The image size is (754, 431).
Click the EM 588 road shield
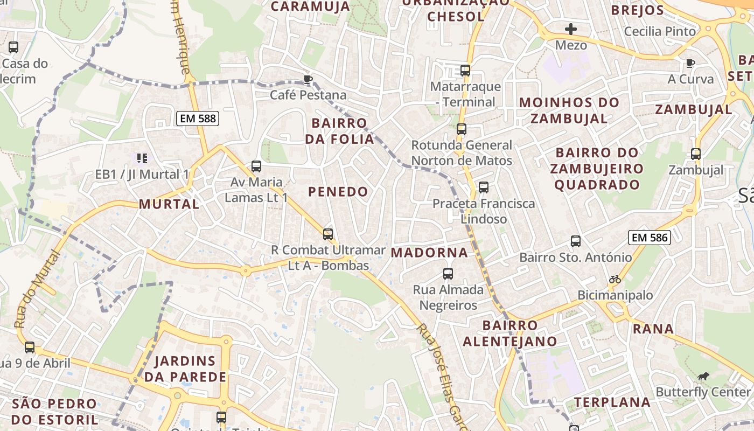point(198,119)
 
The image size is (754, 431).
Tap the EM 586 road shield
point(649,237)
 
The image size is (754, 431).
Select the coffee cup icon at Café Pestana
point(308,80)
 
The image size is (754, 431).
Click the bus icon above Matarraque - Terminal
point(465,71)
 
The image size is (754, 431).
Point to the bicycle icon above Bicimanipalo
point(615,279)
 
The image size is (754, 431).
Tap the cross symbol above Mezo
point(571,29)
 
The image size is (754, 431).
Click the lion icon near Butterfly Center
point(703,376)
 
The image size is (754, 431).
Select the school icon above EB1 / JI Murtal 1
point(142,158)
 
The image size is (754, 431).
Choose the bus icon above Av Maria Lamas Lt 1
point(256,166)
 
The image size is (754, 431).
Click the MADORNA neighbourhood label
point(429,252)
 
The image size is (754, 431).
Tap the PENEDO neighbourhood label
point(338,191)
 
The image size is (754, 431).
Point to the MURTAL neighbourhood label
point(169,204)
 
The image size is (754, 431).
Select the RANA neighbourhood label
point(653,329)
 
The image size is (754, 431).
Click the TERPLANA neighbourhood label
point(612,402)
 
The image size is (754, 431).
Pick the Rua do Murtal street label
point(36,289)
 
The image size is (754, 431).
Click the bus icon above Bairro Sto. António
point(576,241)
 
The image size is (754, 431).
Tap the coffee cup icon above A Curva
point(690,64)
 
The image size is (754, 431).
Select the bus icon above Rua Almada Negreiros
point(448,274)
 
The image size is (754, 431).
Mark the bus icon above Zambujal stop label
point(696,154)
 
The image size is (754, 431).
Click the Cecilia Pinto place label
point(660,31)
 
